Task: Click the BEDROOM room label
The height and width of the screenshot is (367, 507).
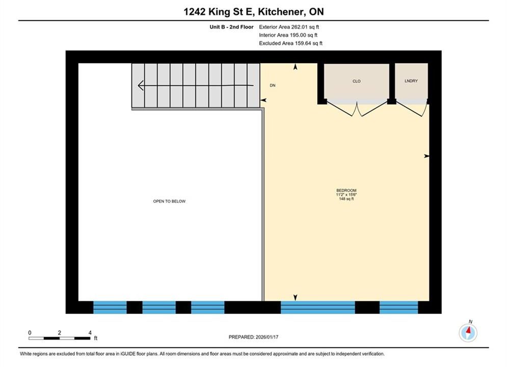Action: pyautogui.click(x=346, y=191)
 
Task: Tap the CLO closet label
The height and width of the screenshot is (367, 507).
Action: pyautogui.click(x=356, y=81)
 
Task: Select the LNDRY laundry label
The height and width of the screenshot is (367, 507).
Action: pyautogui.click(x=411, y=81)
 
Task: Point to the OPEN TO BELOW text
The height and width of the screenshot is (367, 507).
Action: pyautogui.click(x=169, y=201)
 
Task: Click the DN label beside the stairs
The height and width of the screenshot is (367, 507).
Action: pyautogui.click(x=273, y=85)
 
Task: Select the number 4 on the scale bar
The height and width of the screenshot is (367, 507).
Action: pyautogui.click(x=90, y=332)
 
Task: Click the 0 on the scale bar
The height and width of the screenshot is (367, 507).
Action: pyautogui.click(x=30, y=332)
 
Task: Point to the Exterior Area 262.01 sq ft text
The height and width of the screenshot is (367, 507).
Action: pyautogui.click(x=289, y=27)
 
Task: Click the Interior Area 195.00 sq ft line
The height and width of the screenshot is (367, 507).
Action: pyautogui.click(x=288, y=35)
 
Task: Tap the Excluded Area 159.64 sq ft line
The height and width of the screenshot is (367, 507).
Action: pyautogui.click(x=290, y=43)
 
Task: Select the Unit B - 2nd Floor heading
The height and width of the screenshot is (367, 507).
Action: pyautogui.click(x=231, y=27)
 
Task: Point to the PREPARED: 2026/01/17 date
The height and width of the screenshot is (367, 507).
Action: pyautogui.click(x=254, y=337)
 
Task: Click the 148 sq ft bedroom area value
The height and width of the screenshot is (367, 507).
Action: pyautogui.click(x=346, y=199)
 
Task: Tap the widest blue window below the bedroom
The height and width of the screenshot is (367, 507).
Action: pyautogui.click(x=317, y=307)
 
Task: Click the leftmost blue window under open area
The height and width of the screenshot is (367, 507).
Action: pyautogui.click(x=110, y=307)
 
